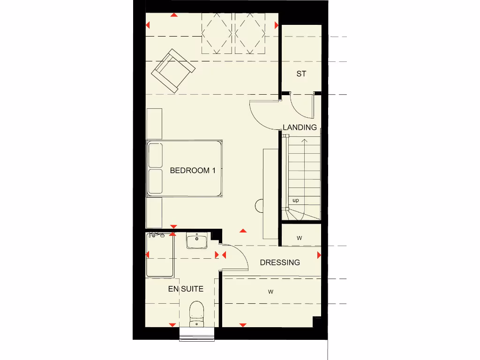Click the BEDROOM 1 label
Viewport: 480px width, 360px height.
coord(192,171)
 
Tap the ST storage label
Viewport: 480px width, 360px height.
coord(301,74)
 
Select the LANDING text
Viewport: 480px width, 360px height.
coord(300,127)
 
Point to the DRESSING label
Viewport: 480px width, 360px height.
coord(280,262)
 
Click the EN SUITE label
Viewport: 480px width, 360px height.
coord(186,289)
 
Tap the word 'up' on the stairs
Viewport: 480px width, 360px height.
coord(295,200)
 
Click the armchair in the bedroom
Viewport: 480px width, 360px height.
coord(173,71)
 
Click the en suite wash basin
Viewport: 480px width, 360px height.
coord(197,241)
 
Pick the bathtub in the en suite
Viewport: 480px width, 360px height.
coord(160,255)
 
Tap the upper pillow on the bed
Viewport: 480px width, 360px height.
coord(155,156)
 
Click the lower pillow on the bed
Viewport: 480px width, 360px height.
coord(155,182)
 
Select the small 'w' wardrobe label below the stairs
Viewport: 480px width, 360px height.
coord(300,238)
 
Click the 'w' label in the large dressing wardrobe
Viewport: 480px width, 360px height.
coord(270,292)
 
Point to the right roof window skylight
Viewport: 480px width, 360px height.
coord(250,33)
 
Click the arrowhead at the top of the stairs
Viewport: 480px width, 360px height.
coord(305,140)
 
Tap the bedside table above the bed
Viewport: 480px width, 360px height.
coord(154,124)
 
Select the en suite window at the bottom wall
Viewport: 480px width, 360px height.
coord(197,334)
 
